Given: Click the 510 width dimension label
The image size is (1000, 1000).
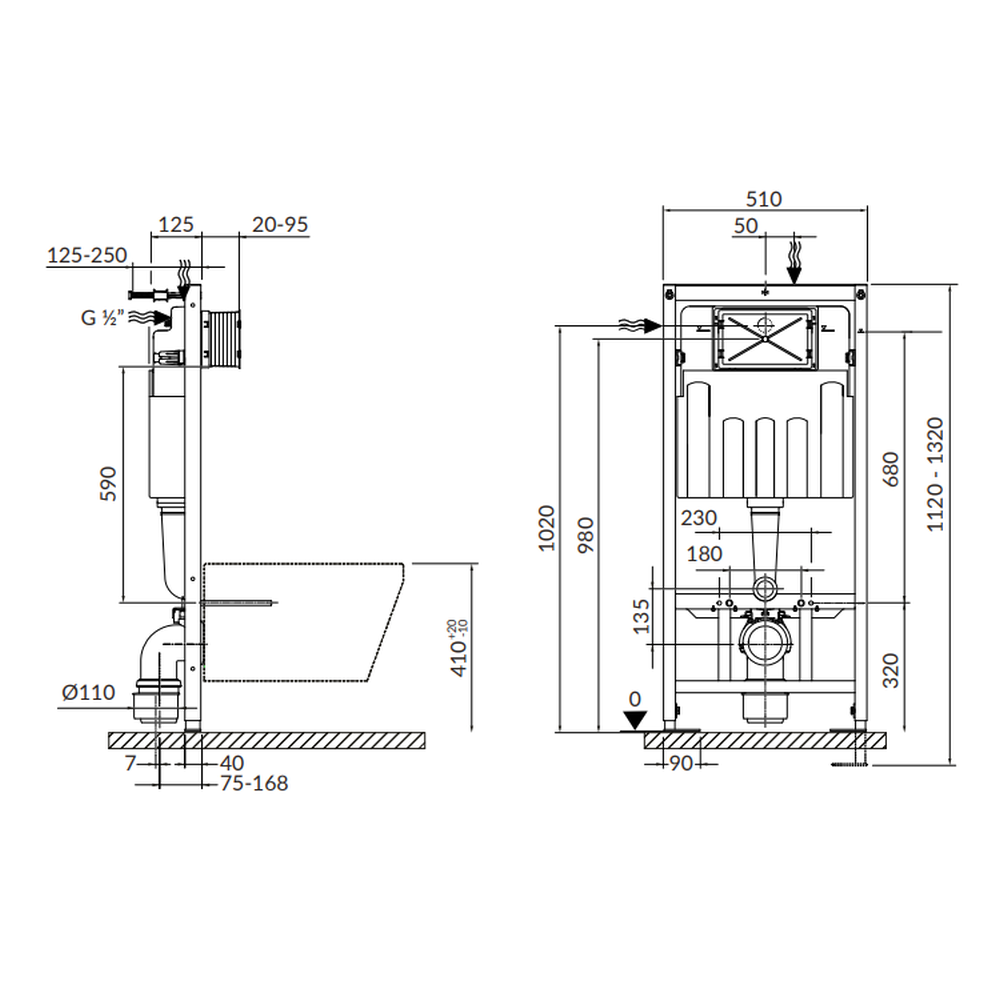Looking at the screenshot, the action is pos(763,199).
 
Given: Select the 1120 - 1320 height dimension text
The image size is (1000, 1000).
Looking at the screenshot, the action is pos(935,474).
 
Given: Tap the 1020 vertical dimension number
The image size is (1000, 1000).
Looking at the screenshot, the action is pos(547,528).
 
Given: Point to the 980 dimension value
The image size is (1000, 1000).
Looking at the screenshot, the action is pos(585,534).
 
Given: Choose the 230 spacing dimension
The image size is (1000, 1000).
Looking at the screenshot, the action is pos(698,518).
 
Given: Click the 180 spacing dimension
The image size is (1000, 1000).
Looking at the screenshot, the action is pos(704,554).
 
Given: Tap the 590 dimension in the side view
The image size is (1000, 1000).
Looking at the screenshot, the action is pos(108,483).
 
